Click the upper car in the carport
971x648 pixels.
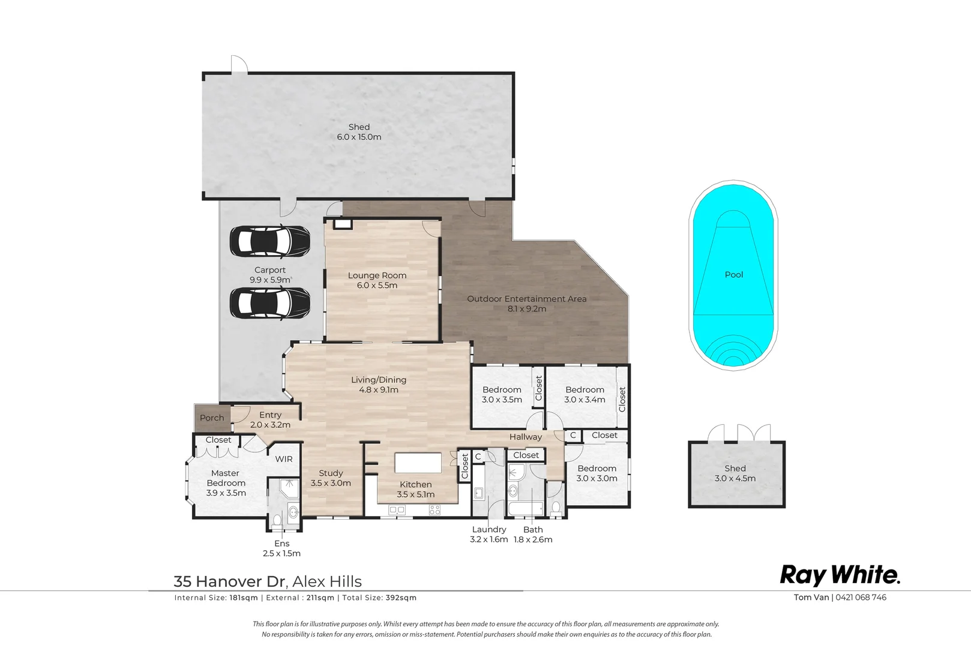(x=270, y=241)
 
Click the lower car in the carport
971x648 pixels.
(x=270, y=304)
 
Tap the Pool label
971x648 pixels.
(x=734, y=274)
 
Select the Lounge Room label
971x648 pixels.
(x=377, y=275)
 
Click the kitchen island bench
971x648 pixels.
(x=418, y=463)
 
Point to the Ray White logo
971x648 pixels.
(x=840, y=575)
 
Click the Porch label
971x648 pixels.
(x=212, y=418)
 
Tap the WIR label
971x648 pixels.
(x=284, y=459)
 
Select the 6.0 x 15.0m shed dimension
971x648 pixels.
(x=359, y=137)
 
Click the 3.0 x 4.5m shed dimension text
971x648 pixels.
(x=735, y=478)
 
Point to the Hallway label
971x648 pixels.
(x=526, y=437)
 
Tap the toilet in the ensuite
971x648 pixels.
(x=277, y=520)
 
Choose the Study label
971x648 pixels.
(x=331, y=473)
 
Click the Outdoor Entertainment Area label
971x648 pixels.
(x=527, y=299)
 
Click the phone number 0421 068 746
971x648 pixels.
(x=861, y=597)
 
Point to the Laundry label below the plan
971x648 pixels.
(x=489, y=530)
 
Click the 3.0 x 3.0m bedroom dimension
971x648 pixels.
(x=597, y=479)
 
